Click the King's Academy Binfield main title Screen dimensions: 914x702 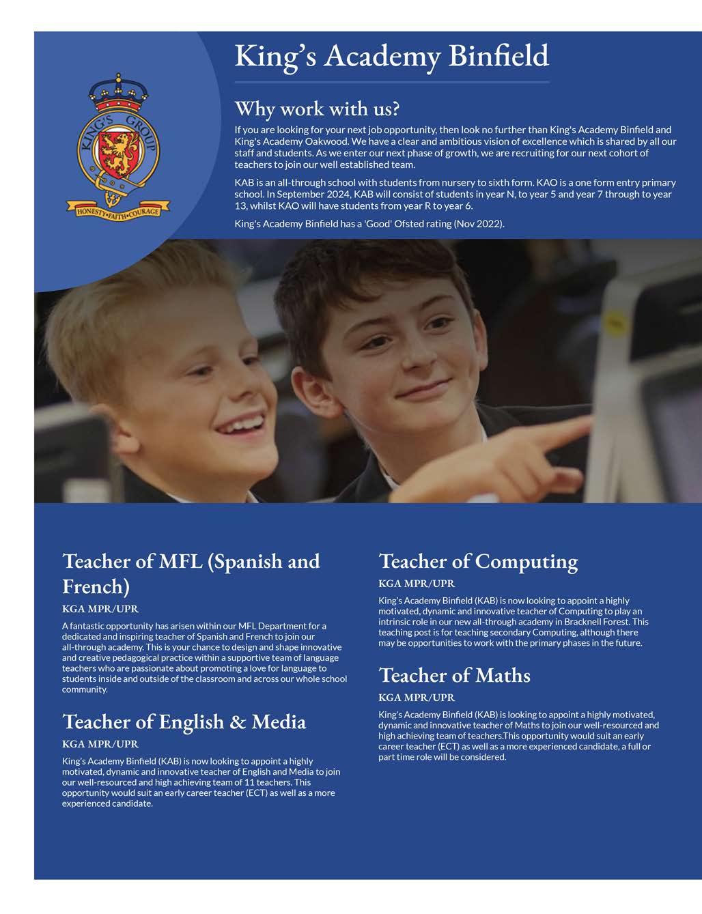[x=391, y=55]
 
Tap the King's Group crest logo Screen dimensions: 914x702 [x=118, y=147]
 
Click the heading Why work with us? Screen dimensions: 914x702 [x=317, y=109]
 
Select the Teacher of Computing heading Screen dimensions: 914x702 [x=478, y=561]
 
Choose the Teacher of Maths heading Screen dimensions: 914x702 [x=454, y=675]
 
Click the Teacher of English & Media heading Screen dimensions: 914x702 [x=184, y=722]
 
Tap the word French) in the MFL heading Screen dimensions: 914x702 [x=96, y=586]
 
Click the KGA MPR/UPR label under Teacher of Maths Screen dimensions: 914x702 [x=417, y=698]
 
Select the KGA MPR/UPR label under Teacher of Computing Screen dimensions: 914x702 [x=417, y=584]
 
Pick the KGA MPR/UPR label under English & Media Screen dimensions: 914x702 [x=100, y=744]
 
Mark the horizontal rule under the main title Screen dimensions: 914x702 [x=391, y=82]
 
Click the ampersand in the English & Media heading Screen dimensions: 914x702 [x=238, y=722]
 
